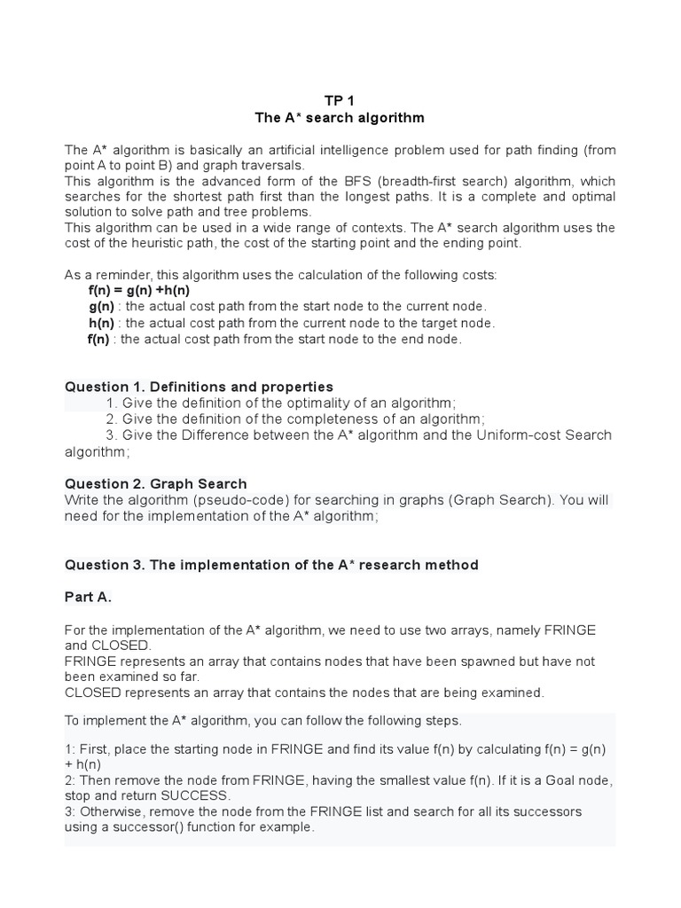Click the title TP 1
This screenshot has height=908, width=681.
pyautogui.click(x=340, y=100)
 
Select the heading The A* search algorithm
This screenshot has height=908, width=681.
pyautogui.click(x=340, y=117)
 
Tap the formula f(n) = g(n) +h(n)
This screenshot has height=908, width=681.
pyautogui.click(x=139, y=290)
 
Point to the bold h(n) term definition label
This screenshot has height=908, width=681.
pyautogui.click(x=101, y=323)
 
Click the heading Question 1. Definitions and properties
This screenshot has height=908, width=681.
pyautogui.click(x=199, y=387)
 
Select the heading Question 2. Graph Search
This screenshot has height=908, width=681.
pyautogui.click(x=155, y=483)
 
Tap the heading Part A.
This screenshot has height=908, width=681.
pyautogui.click(x=88, y=597)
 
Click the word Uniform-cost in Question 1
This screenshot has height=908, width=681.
pyautogui.click(x=495, y=434)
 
